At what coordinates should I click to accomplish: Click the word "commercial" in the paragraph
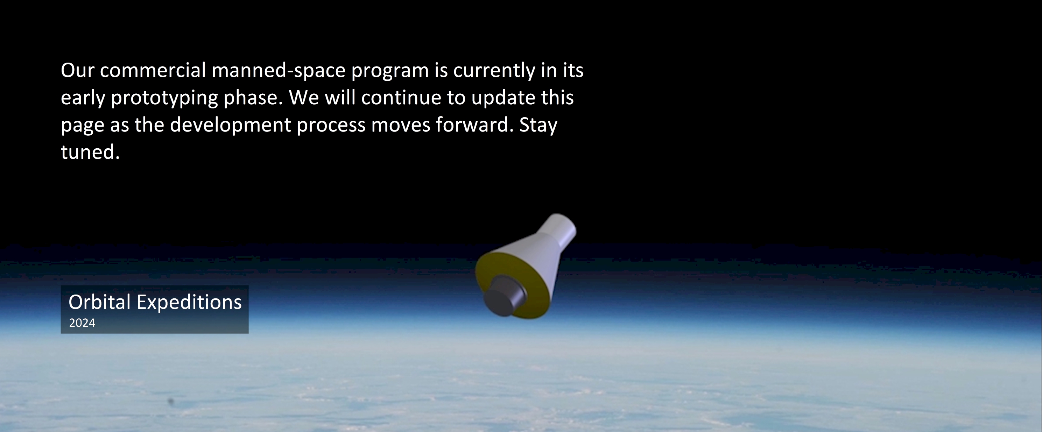tap(153, 70)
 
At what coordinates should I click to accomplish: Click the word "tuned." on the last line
tap(90, 152)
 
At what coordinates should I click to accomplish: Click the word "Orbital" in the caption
tap(99, 302)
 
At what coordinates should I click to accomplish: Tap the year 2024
tap(82, 323)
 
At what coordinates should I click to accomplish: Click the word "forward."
tap(474, 125)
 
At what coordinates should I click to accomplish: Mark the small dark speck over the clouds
tap(171, 401)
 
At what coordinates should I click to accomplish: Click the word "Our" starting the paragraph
tap(77, 70)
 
